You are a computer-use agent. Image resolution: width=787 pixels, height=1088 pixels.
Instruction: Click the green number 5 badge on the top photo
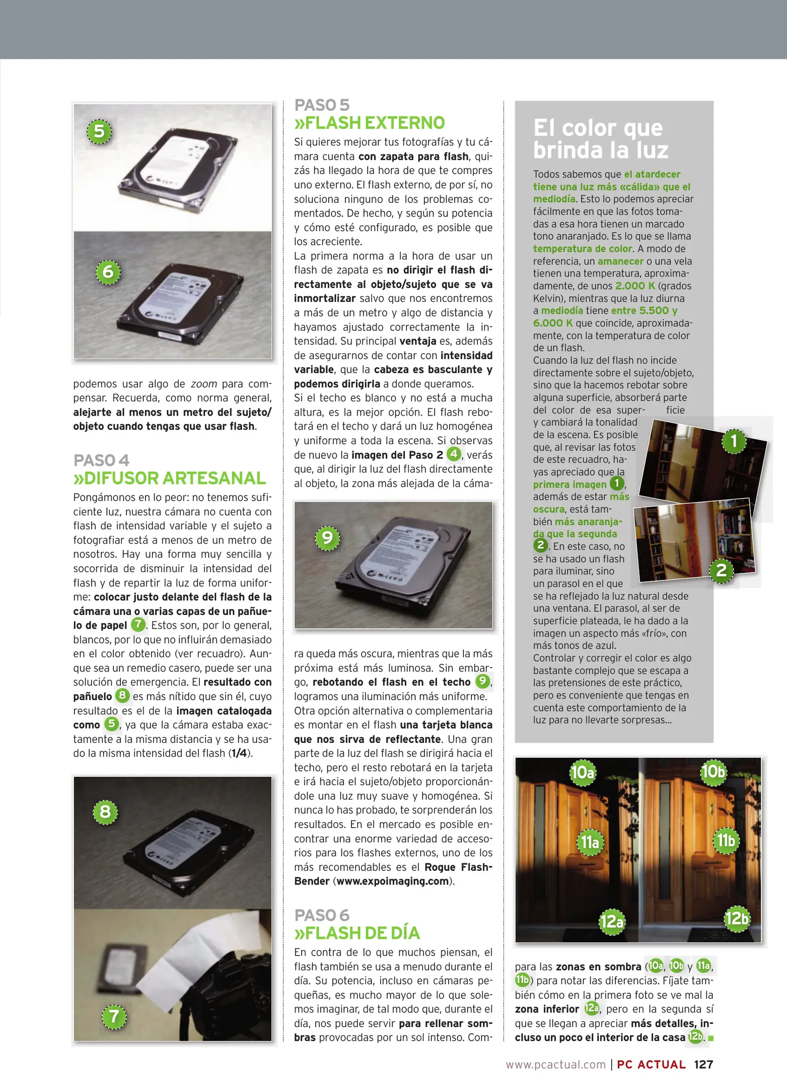99,131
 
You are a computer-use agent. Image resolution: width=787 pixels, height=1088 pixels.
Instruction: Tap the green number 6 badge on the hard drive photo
108,272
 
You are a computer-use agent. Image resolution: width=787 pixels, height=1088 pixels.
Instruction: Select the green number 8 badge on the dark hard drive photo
105,811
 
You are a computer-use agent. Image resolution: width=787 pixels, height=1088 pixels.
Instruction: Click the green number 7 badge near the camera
114,1016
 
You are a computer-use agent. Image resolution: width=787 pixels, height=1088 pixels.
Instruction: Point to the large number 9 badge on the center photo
327,537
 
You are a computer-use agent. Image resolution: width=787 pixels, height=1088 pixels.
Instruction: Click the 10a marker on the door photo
583,772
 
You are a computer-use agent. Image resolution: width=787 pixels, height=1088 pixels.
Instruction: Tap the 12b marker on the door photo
737,918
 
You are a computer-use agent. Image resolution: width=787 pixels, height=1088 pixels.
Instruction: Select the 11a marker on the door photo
590,842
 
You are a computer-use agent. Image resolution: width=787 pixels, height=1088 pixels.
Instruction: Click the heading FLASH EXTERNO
370,123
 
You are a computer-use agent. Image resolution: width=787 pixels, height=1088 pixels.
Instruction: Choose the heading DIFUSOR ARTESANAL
170,478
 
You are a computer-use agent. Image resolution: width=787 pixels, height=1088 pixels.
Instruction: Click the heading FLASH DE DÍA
357,933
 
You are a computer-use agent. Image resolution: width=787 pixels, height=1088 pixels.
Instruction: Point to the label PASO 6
322,915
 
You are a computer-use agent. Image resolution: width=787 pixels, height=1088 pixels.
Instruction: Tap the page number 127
703,1064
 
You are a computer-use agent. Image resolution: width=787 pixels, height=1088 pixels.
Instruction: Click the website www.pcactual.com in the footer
555,1064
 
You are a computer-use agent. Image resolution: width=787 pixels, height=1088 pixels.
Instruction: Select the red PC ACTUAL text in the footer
651,1064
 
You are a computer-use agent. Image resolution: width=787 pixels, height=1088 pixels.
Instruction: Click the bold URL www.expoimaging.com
392,881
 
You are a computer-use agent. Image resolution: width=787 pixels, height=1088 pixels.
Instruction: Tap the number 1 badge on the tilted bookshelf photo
734,441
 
